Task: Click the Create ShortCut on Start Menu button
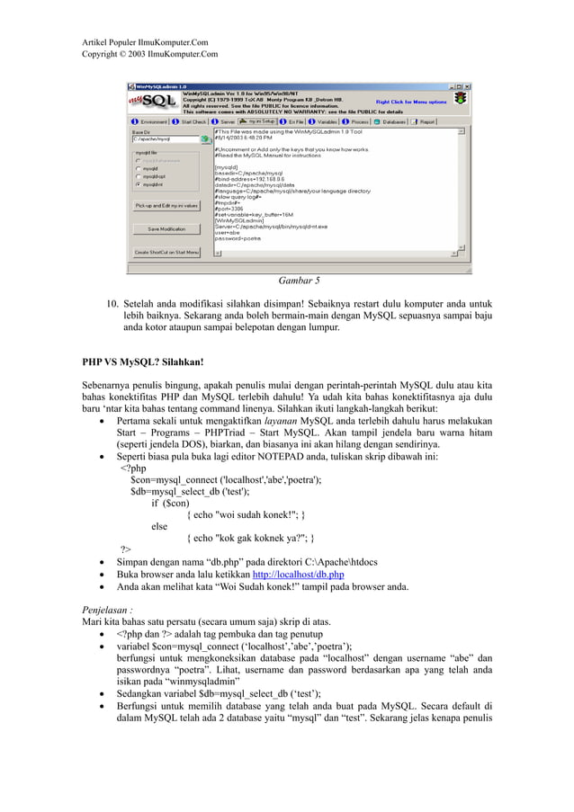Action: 166,253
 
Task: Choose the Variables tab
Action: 327,121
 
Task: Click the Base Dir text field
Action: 165,139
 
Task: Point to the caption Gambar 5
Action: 299,280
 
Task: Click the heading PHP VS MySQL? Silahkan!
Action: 143,363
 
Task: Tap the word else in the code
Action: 158,526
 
